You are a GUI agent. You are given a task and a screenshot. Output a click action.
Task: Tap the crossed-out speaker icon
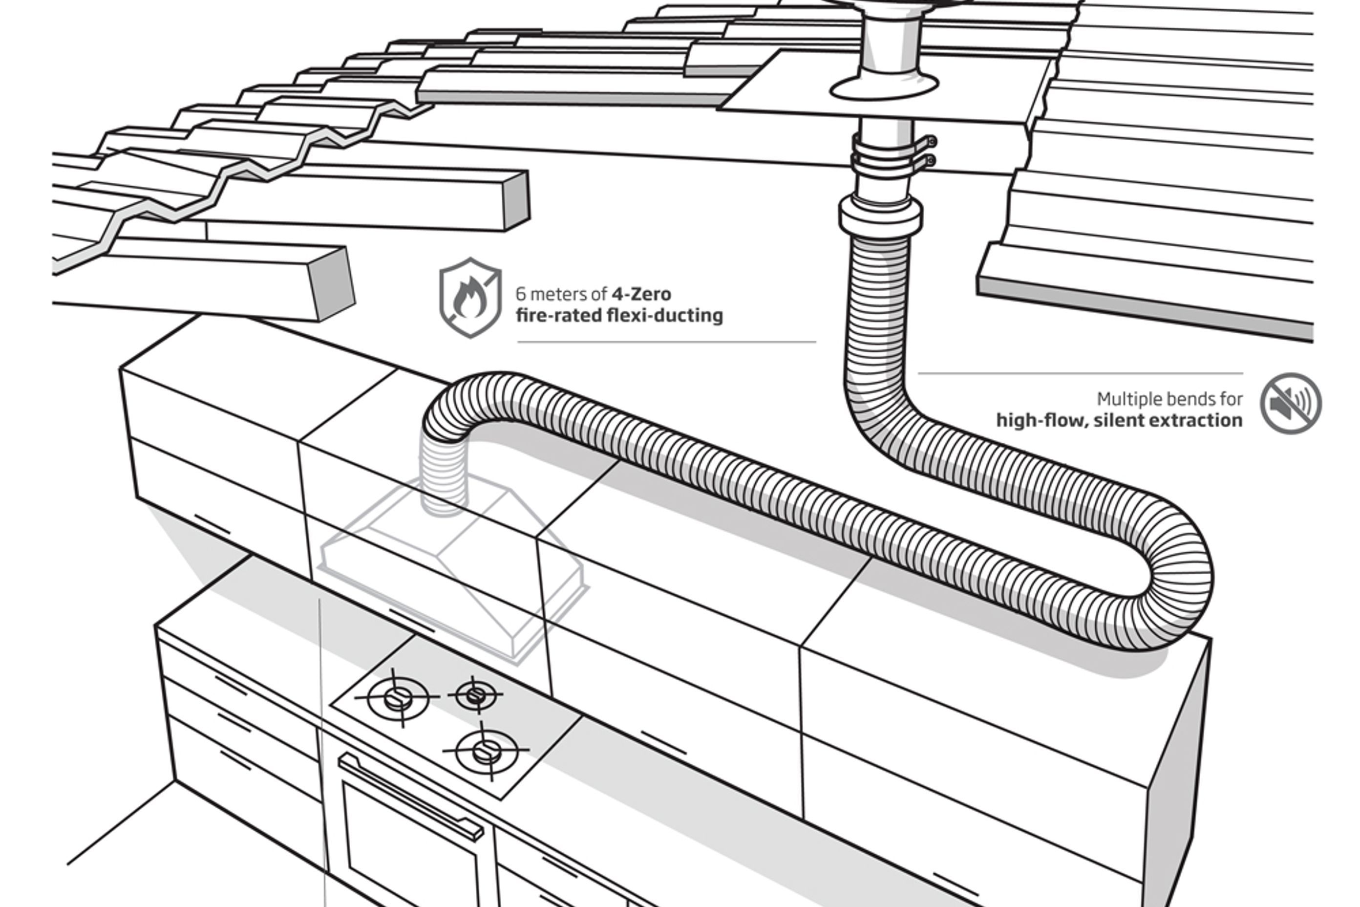click(1291, 403)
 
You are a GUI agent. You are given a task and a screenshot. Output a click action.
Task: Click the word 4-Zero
click(641, 294)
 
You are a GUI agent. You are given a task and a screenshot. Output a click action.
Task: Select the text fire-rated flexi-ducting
click(619, 316)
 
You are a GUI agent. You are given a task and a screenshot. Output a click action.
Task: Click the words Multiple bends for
click(1169, 399)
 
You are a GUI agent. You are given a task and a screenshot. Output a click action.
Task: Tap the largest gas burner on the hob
click(399, 698)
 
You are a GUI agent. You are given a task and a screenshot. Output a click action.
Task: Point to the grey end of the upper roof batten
click(516, 199)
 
